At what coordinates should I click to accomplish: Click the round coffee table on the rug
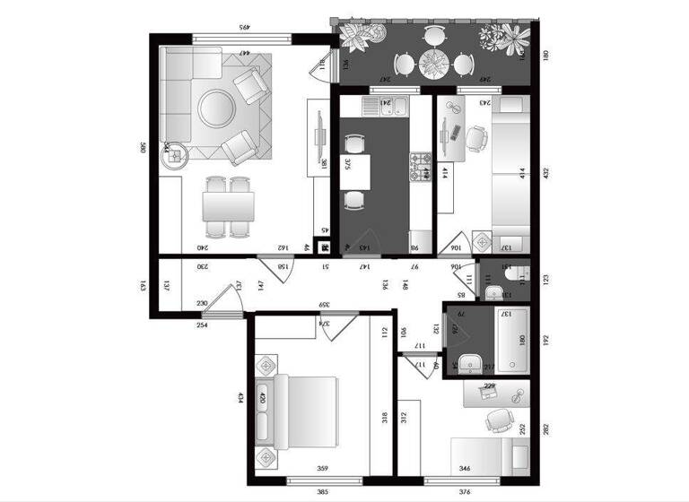(217, 108)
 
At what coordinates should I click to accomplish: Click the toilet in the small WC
(521, 274)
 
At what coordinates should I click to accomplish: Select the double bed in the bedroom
(305, 411)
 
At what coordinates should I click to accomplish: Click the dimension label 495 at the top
(242, 27)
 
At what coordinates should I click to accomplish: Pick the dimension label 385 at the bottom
(321, 491)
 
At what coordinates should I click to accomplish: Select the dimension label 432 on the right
(545, 172)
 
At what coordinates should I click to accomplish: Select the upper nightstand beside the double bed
(267, 367)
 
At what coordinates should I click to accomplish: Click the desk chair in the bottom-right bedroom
(495, 420)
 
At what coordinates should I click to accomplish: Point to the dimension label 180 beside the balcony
(545, 56)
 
